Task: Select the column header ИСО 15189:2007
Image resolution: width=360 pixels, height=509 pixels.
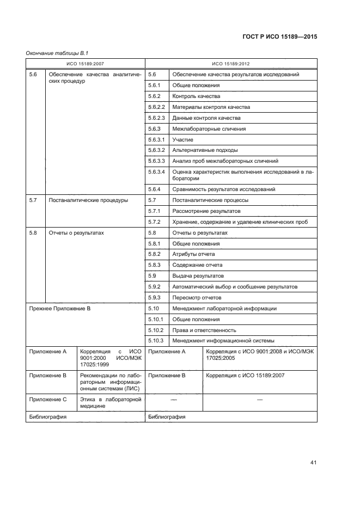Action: (x=86, y=64)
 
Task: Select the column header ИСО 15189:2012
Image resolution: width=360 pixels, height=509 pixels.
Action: (x=231, y=64)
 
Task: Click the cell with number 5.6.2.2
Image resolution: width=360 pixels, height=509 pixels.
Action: (x=156, y=107)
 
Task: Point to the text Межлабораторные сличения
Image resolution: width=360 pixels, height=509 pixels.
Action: (x=209, y=129)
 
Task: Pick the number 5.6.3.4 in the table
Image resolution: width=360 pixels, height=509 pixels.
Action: (x=156, y=172)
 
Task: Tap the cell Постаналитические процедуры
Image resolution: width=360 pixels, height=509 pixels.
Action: (x=88, y=200)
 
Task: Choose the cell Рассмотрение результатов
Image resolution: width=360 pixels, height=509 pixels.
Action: (x=206, y=211)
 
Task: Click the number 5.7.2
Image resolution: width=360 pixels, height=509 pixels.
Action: (x=154, y=222)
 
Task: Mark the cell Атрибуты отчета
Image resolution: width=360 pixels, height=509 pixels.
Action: (x=193, y=254)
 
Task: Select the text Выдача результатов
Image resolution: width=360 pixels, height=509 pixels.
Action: (x=198, y=276)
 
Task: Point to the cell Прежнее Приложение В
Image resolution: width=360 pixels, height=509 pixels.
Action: (x=59, y=309)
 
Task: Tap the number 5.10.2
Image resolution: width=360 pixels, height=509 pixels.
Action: (x=156, y=330)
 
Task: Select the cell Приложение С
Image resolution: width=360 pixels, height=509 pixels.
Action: (x=47, y=400)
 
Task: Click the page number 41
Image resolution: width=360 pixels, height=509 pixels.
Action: (x=313, y=463)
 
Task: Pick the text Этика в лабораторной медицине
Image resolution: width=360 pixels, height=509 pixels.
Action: (x=111, y=402)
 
